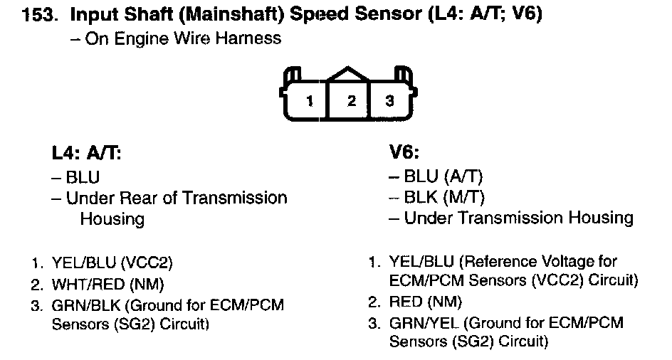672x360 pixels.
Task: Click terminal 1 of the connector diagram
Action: (x=309, y=101)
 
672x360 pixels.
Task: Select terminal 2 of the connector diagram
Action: (x=351, y=100)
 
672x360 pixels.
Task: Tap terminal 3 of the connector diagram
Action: (x=389, y=100)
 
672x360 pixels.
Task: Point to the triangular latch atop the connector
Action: (x=349, y=75)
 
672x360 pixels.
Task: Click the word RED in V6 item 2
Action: (x=406, y=302)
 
